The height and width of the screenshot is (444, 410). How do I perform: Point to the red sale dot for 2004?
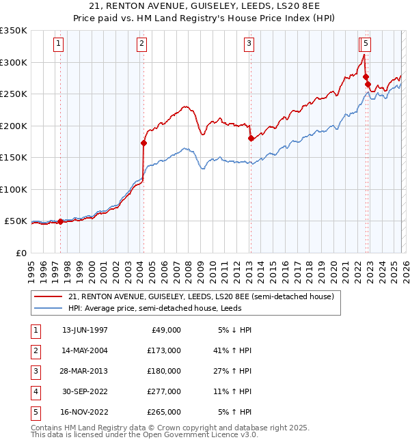pyautogui.click(x=143, y=143)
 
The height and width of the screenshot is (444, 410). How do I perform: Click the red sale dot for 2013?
pyautogui.click(x=250, y=139)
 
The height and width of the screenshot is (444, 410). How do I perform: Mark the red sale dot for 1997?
pyautogui.click(x=61, y=221)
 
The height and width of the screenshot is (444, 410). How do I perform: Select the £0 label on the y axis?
pyautogui.click(x=20, y=253)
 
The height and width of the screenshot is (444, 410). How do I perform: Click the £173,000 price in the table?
pyautogui.click(x=164, y=350)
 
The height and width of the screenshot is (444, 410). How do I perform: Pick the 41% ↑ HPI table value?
pyautogui.click(x=235, y=350)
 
